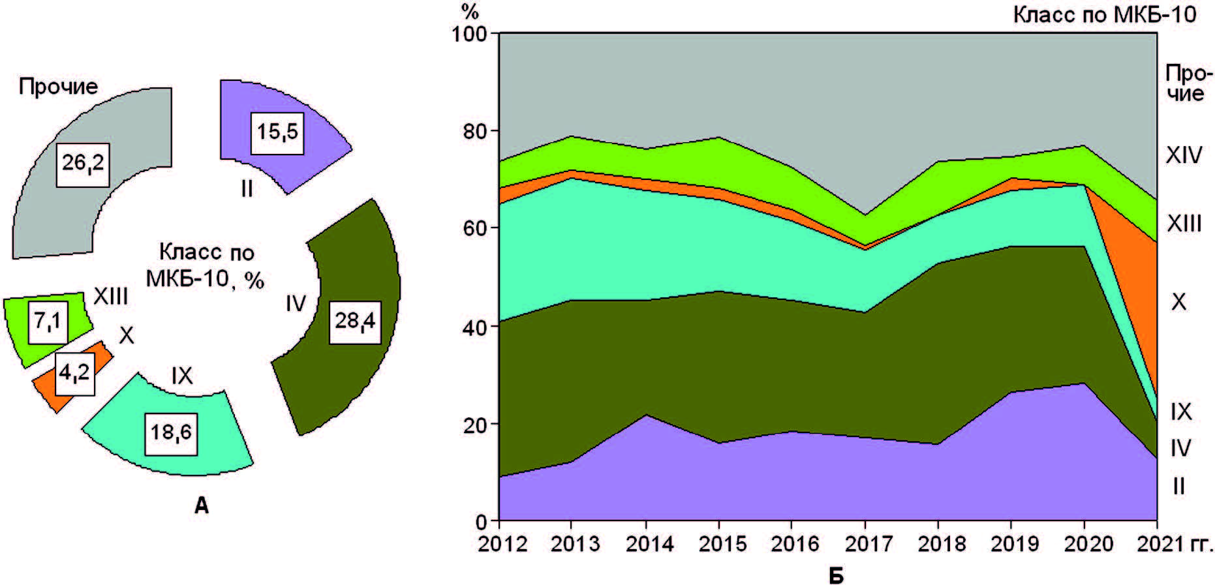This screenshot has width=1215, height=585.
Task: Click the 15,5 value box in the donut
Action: point(277,132)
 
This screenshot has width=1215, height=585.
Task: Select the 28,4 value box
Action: point(356,321)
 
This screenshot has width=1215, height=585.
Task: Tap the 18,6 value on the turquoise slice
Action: point(172,431)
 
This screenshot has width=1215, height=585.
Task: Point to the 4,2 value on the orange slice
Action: point(74,373)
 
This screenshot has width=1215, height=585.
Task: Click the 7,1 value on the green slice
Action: point(48,322)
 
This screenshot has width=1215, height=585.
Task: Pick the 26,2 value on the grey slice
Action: point(83,163)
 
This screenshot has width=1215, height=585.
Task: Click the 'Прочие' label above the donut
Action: point(58,86)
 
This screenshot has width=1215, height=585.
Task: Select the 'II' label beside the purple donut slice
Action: point(246,188)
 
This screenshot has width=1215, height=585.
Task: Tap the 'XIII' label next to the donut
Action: point(110,297)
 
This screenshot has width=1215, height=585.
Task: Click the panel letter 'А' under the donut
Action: point(202,505)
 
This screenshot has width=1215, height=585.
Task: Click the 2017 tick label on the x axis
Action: point(865,544)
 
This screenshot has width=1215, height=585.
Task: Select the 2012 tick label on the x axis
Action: point(502,544)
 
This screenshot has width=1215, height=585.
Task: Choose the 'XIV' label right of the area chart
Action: point(1184,155)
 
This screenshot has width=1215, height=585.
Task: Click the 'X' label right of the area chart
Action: point(1178,302)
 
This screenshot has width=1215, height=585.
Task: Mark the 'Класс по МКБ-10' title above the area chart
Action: point(1105,14)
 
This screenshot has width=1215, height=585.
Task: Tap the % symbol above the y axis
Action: point(470,11)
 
